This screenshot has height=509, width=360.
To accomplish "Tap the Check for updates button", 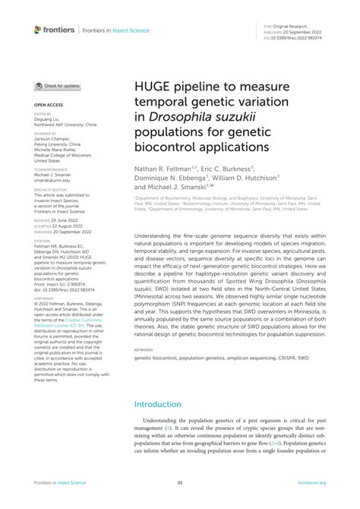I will click(x=57, y=87).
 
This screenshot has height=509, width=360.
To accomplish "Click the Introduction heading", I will click(x=163, y=406).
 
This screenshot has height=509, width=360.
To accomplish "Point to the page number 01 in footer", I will click(x=180, y=482).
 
